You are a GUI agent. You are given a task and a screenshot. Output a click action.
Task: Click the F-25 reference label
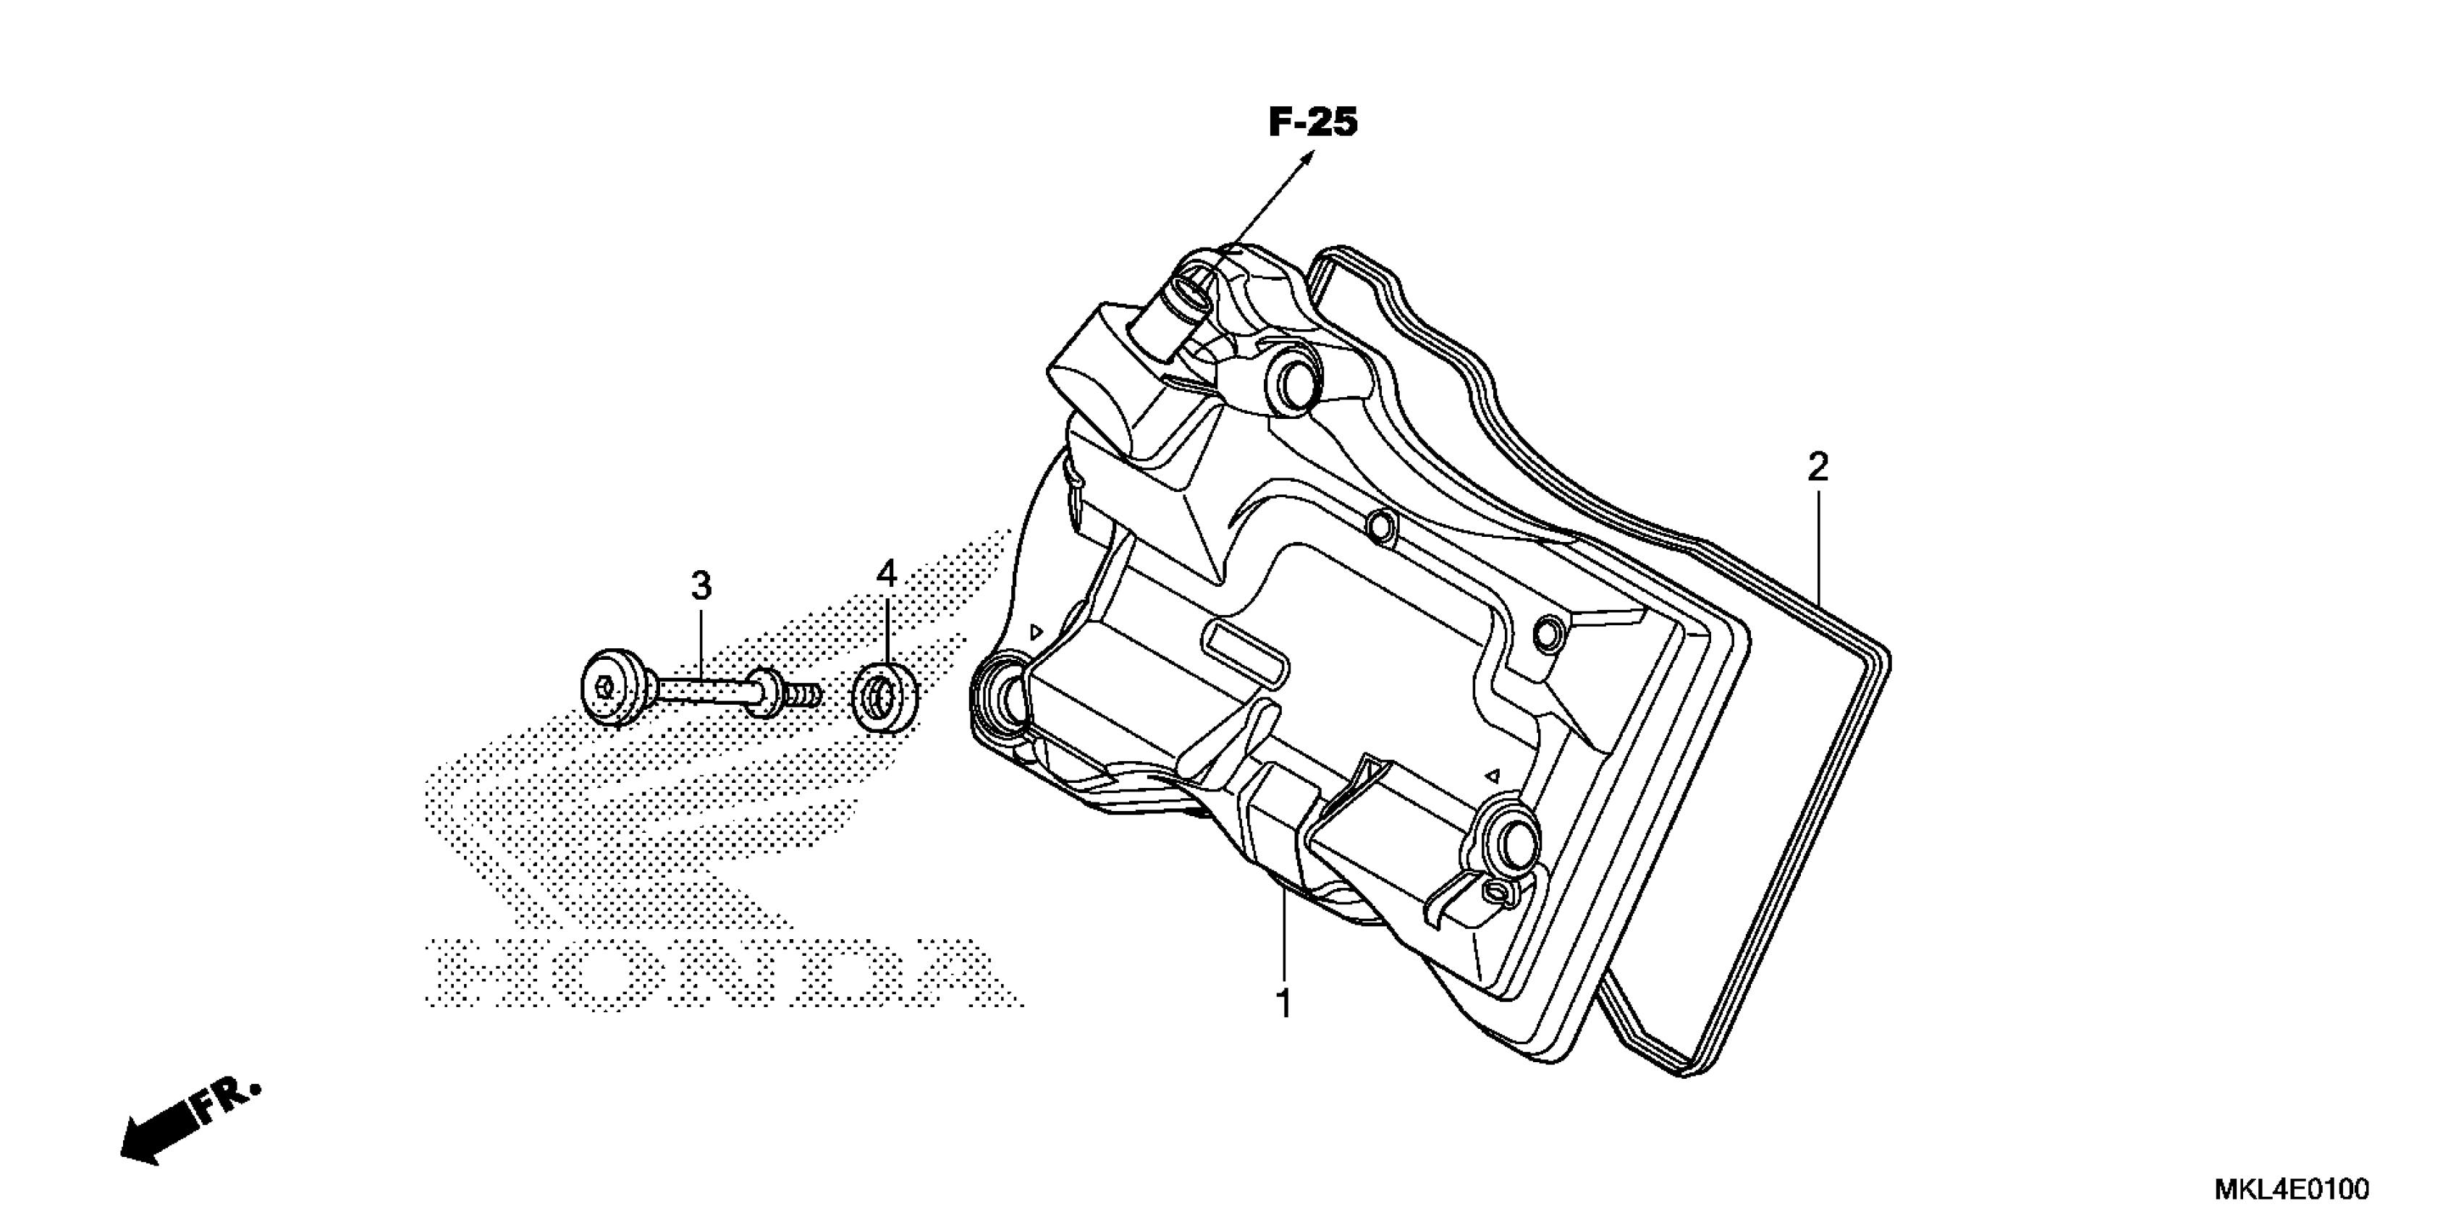pyautogui.click(x=1313, y=123)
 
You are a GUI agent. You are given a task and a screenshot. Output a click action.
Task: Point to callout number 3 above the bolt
pyautogui.click(x=701, y=585)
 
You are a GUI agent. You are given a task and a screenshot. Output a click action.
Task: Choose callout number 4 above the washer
pyautogui.click(x=887, y=574)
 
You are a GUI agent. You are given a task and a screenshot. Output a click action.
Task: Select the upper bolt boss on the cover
pyautogui.click(x=1293, y=383)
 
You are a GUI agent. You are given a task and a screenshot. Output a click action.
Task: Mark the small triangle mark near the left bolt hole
pyautogui.click(x=1034, y=631)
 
